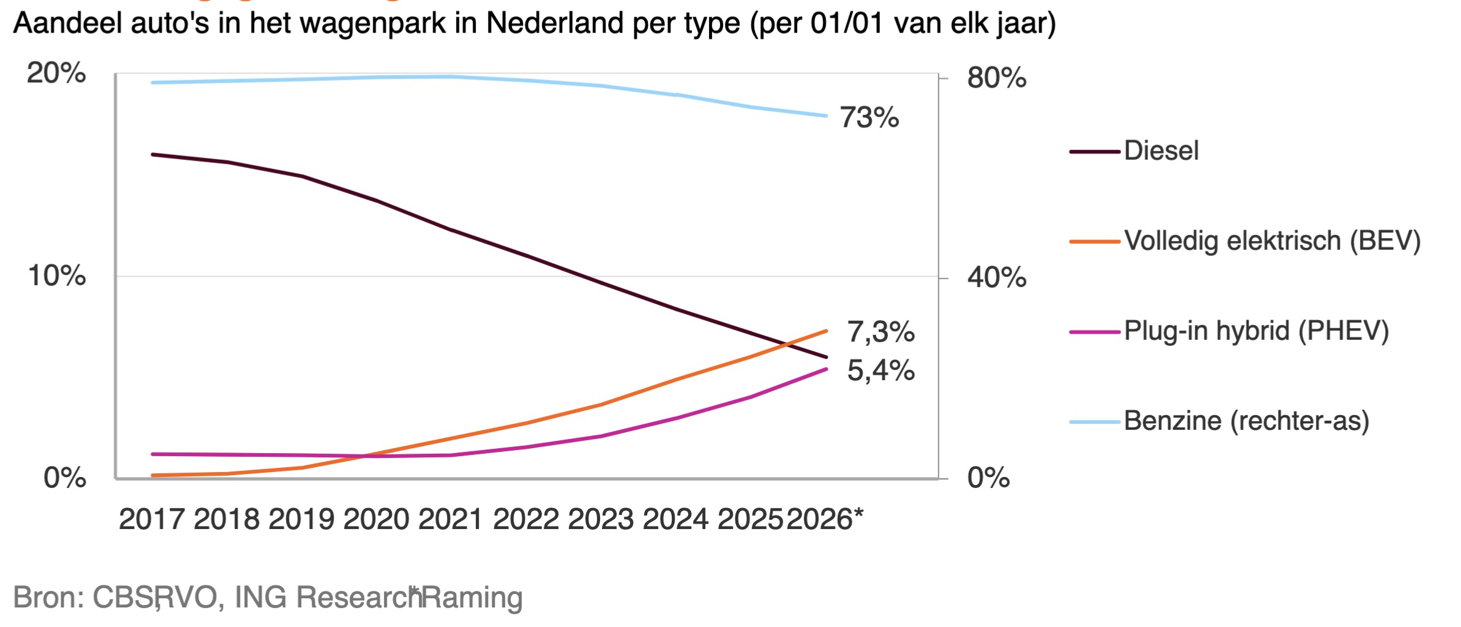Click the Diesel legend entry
click(1160, 151)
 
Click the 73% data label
click(868, 118)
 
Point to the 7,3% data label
click(880, 332)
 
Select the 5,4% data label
click(880, 370)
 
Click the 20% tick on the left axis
click(56, 73)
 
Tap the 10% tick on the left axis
click(56, 276)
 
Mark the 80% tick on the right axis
click(996, 78)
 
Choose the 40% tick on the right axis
click(996, 277)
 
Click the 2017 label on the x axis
click(151, 519)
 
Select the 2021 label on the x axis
click(451, 519)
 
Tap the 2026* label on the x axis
click(824, 519)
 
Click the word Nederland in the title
click(555, 23)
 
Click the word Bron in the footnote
click(47, 597)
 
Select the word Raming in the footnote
click(472, 597)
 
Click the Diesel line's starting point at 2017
click(152, 154)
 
